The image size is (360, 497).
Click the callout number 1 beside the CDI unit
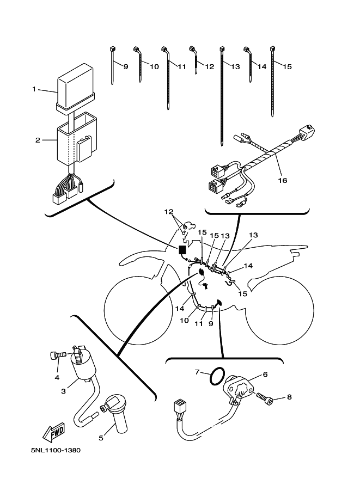[34, 89]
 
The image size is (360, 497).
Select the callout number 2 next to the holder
[38, 140]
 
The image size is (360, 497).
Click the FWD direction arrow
[52, 433]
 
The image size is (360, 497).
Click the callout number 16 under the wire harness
[282, 179]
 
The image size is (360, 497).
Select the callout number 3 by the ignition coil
[64, 390]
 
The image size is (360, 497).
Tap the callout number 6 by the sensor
[265, 374]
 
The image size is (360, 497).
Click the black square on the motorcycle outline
[182, 250]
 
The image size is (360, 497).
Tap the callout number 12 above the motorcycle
[169, 211]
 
